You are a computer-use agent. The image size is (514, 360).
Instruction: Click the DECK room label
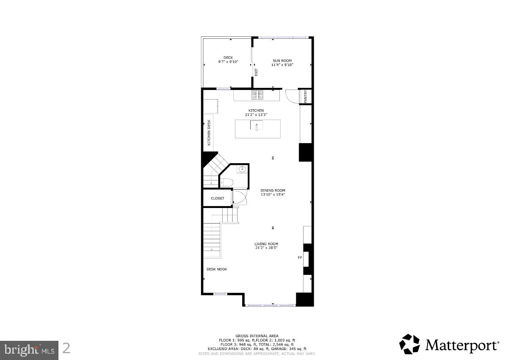click(228, 58)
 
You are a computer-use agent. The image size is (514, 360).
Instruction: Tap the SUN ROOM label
click(282, 61)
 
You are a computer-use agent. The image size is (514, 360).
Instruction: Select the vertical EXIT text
click(256, 72)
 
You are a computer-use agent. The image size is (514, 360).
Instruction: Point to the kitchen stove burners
click(257, 95)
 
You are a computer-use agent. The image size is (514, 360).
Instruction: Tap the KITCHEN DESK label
click(209, 132)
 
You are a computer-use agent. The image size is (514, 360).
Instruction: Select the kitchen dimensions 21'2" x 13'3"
click(256, 115)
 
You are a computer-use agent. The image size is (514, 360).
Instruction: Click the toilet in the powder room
click(227, 182)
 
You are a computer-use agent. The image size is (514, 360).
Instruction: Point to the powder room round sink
click(242, 170)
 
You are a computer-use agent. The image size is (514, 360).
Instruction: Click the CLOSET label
click(218, 198)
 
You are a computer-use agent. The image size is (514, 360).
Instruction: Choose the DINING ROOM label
click(273, 190)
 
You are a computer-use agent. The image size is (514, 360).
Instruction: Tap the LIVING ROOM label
click(266, 244)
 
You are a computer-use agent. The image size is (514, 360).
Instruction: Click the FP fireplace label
click(299, 258)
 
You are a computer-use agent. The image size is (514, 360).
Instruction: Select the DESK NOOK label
click(217, 269)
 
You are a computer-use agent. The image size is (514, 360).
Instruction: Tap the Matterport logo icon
click(410, 344)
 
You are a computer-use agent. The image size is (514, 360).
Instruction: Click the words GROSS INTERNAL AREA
click(257, 336)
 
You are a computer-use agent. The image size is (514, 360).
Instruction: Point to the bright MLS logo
click(29, 350)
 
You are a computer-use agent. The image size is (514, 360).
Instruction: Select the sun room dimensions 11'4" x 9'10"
click(282, 65)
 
